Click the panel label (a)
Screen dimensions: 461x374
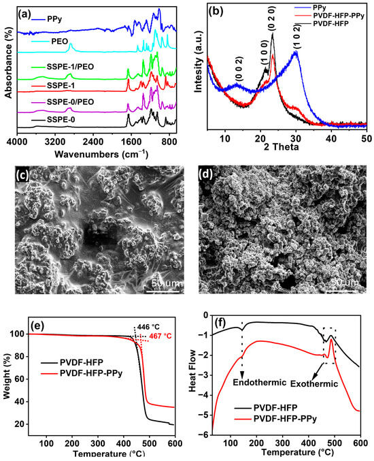click(x=25, y=10)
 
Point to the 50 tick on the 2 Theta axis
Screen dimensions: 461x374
click(x=366, y=138)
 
